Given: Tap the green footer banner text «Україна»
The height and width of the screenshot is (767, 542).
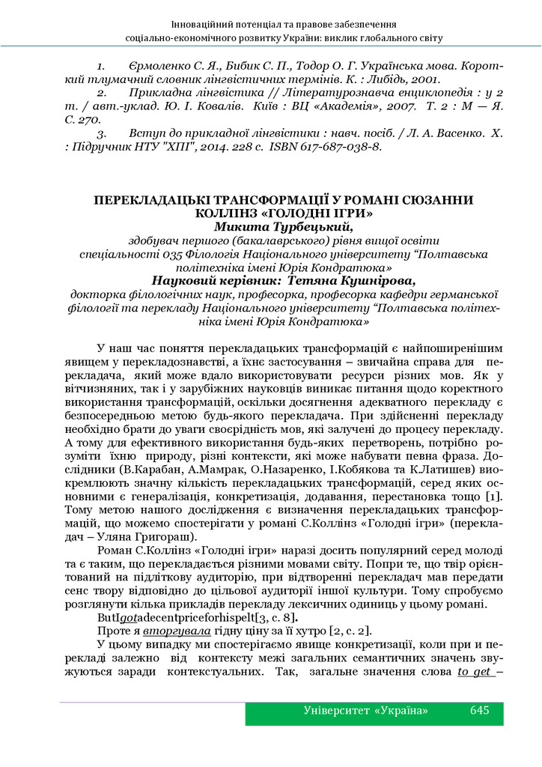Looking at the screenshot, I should [404, 710].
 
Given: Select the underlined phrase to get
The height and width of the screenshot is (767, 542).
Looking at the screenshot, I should [473, 671].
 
